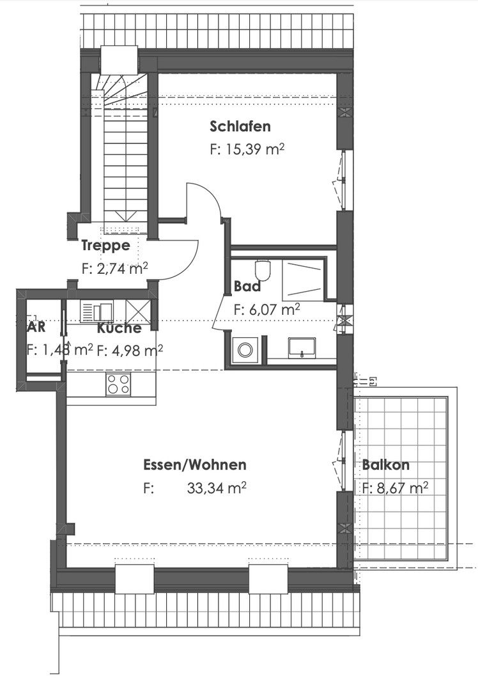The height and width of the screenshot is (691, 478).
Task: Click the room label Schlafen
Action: pyautogui.click(x=240, y=126)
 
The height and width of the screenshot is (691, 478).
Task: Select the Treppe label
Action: pyautogui.click(x=105, y=245)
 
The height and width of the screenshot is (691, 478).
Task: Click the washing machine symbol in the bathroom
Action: pyautogui.click(x=245, y=349)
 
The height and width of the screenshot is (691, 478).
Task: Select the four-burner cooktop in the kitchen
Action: pyautogui.click(x=118, y=384)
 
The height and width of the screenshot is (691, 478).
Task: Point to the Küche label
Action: pyautogui.click(x=119, y=329)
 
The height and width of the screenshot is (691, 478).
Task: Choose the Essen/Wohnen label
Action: pyautogui.click(x=194, y=465)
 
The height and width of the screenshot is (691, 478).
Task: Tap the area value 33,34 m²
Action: pyautogui.click(x=217, y=488)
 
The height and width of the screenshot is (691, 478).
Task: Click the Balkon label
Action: pyautogui.click(x=385, y=465)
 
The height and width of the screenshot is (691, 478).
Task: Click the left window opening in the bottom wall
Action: pyautogui.click(x=134, y=579)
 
